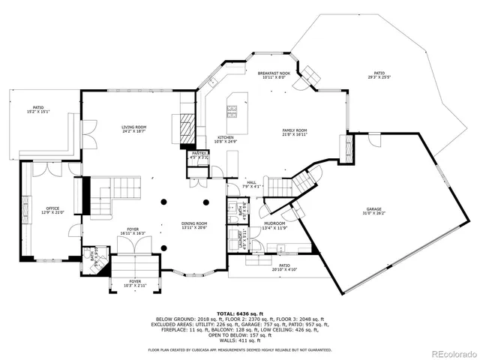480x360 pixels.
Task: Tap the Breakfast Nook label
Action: coord(273,75)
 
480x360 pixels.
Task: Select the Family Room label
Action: coord(294,132)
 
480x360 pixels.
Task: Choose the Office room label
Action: coord(52,210)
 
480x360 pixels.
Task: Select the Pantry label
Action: coord(199,155)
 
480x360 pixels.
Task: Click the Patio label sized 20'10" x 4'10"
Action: coord(284,267)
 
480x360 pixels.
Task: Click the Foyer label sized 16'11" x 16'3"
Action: coord(133,231)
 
